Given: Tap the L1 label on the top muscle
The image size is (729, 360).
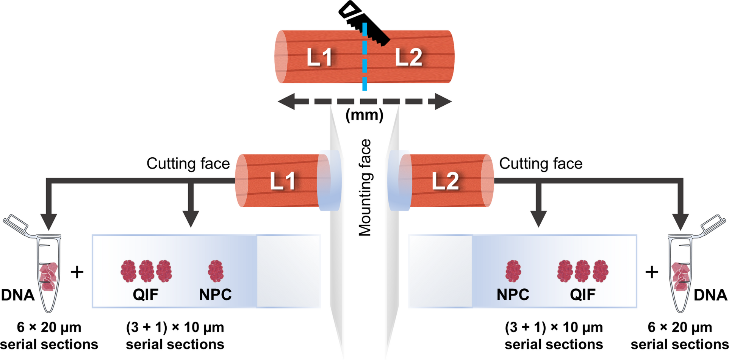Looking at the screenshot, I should click(x=319, y=58).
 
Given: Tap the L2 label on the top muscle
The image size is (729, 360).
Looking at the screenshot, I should click(x=408, y=58).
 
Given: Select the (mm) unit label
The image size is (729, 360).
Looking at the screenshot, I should click(x=364, y=115).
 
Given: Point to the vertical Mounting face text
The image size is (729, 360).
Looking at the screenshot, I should click(x=365, y=188).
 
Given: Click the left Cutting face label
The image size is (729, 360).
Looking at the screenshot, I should click(x=188, y=164).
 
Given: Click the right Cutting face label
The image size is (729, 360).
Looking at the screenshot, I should click(x=541, y=164).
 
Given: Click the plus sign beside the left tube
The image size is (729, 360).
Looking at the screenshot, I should click(x=77, y=272).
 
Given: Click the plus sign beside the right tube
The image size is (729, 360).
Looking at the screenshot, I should click(x=652, y=272).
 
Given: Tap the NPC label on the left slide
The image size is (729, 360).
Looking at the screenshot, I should click(x=215, y=295).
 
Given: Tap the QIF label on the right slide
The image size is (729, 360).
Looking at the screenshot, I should click(x=583, y=295).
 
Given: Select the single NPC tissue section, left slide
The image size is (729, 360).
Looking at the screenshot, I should click(x=216, y=271).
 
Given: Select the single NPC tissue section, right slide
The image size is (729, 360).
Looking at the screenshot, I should click(x=513, y=271).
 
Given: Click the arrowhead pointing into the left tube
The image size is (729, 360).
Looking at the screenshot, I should click(x=48, y=221).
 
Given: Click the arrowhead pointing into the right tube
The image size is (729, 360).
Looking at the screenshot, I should click(x=681, y=221).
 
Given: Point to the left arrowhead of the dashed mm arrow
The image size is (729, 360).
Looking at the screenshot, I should click(x=286, y=102).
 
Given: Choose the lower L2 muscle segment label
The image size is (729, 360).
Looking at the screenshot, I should click(x=446, y=181).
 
